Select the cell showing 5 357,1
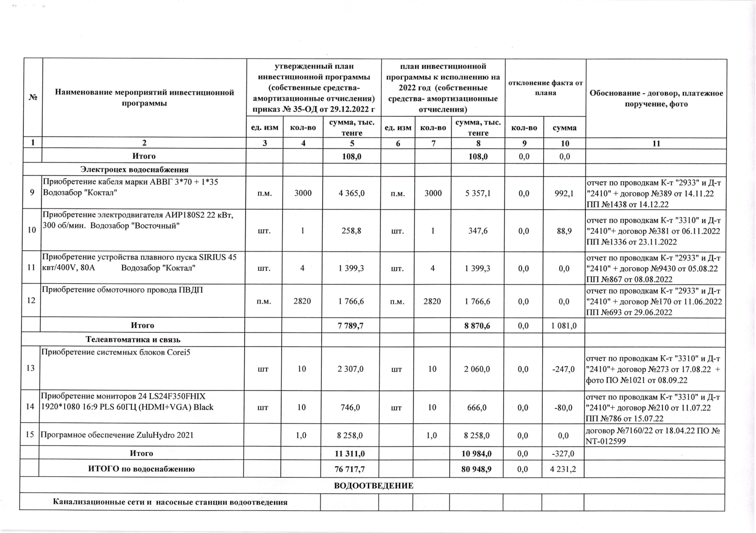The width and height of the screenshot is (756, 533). tap(477, 193)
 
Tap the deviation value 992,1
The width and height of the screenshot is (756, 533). tap(564, 193)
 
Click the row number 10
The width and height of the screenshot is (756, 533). tap(32, 230)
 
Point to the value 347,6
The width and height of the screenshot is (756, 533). tap(477, 231)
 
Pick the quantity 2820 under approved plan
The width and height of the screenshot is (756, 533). tap(302, 301)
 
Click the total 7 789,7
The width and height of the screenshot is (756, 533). tap(351, 326)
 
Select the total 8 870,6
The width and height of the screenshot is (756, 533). tap(477, 326)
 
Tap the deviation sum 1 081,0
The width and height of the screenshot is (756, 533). tap(564, 326)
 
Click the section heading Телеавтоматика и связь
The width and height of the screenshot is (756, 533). tap(133, 340)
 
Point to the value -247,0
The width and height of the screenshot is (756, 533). tap(563, 369)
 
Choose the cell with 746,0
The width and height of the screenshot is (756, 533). tap(351, 407)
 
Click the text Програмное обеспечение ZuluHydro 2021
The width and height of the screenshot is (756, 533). tap(117, 435)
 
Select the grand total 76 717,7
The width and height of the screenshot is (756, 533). tap(350, 469)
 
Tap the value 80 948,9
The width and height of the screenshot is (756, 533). tap(476, 469)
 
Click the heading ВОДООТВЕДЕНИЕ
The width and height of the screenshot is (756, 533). tap(373, 486)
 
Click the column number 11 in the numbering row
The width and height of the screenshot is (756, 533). tap(656, 144)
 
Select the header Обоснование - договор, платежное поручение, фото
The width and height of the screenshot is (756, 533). tap(656, 99)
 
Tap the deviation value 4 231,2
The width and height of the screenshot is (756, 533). tap(563, 469)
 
